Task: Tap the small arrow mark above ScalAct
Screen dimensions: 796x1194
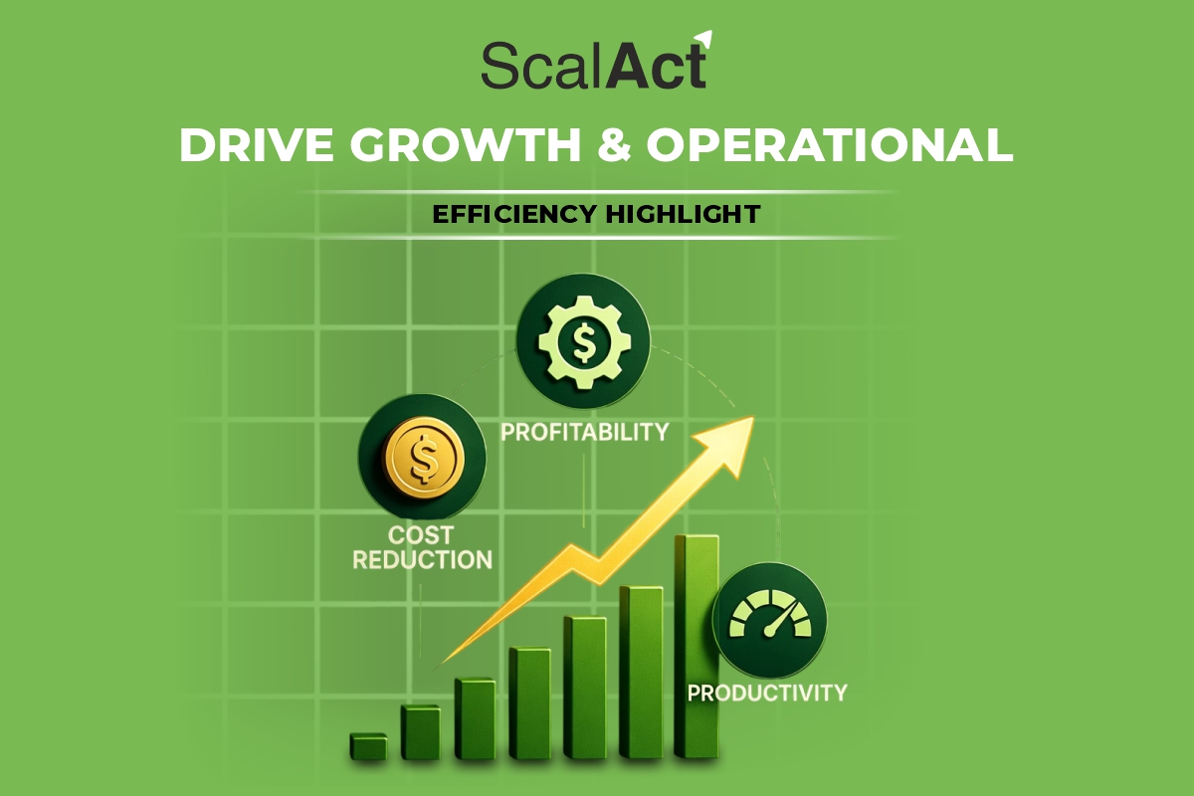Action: point(704,40)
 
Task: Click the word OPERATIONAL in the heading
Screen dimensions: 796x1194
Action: point(830,146)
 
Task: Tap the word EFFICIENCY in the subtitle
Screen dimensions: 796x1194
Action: point(511,213)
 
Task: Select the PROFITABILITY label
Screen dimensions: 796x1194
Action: point(584,432)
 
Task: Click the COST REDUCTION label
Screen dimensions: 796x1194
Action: point(423,547)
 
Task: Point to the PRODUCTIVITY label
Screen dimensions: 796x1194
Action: point(767,692)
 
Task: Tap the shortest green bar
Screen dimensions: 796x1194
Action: point(368,747)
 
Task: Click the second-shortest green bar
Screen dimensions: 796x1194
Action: point(420,732)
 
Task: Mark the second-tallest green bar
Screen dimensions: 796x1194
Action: point(641,672)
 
